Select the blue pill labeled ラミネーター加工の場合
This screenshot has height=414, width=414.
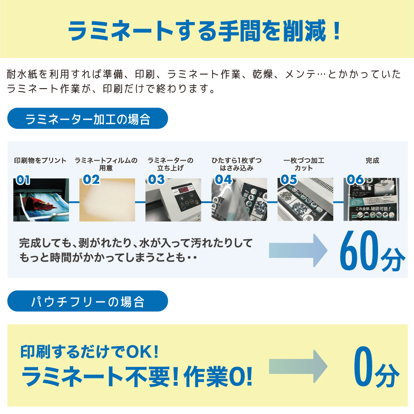coord(88,119)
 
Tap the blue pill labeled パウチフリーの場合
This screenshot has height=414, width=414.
coord(88,301)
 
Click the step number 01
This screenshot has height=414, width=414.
coord(23,179)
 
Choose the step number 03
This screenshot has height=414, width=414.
coord(156,179)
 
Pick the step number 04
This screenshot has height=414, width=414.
coord(223,179)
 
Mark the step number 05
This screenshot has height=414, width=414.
coord(289,179)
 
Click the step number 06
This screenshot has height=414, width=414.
coord(356,179)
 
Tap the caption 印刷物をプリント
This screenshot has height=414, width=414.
coord(40,160)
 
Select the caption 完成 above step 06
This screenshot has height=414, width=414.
coord(372,160)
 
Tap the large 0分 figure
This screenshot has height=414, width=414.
coord(376,371)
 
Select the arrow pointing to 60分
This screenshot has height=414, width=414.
coord(298,250)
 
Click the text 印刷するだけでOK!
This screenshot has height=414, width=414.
coord(90,352)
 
